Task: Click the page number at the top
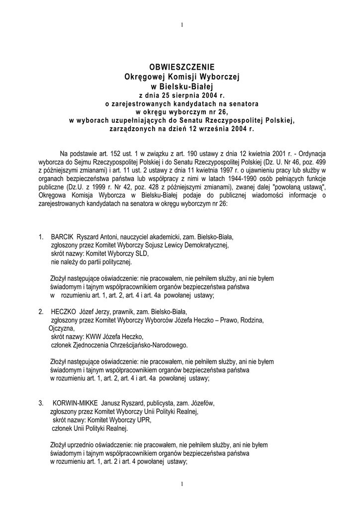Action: (x=182, y=25)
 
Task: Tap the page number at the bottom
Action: (x=182, y=484)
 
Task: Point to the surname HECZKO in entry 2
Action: (x=64, y=312)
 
